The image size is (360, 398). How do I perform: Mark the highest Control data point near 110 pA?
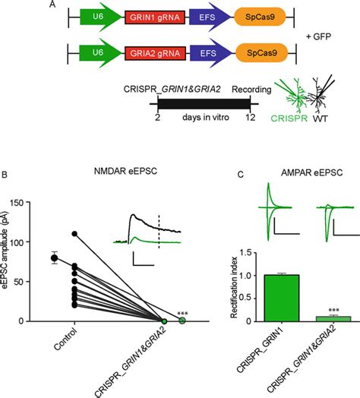(76, 233)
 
